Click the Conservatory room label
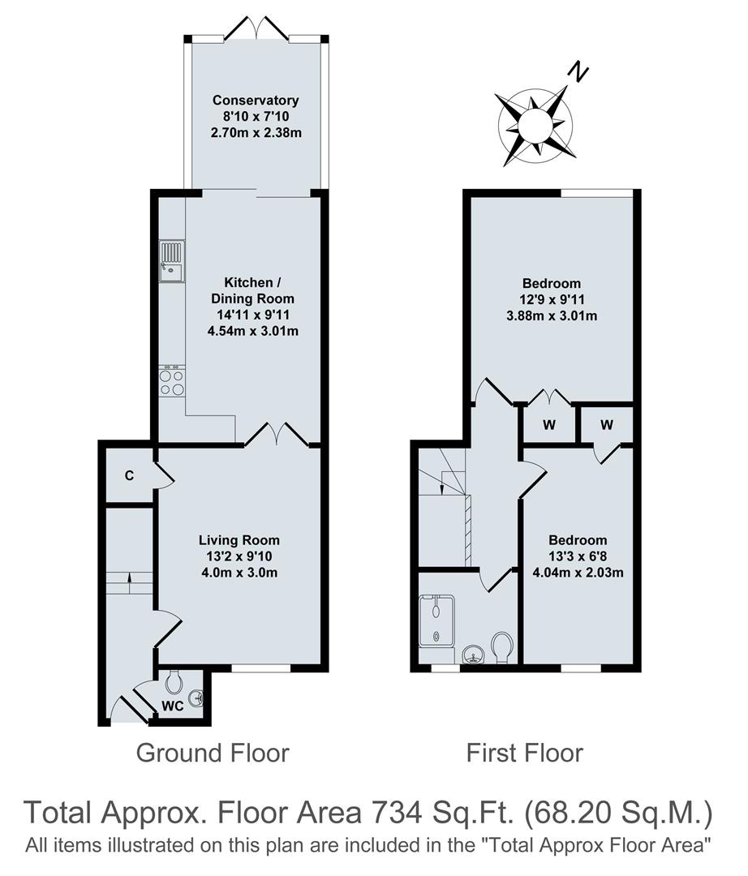256,101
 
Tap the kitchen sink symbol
172,262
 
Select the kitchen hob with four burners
172,382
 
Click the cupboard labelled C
129,475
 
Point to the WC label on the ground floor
172,706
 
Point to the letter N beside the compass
577,74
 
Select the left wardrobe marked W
549,423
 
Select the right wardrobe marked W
607,423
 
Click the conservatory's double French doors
256,31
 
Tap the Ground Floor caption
212,753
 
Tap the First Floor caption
524,753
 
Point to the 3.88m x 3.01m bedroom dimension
551,316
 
